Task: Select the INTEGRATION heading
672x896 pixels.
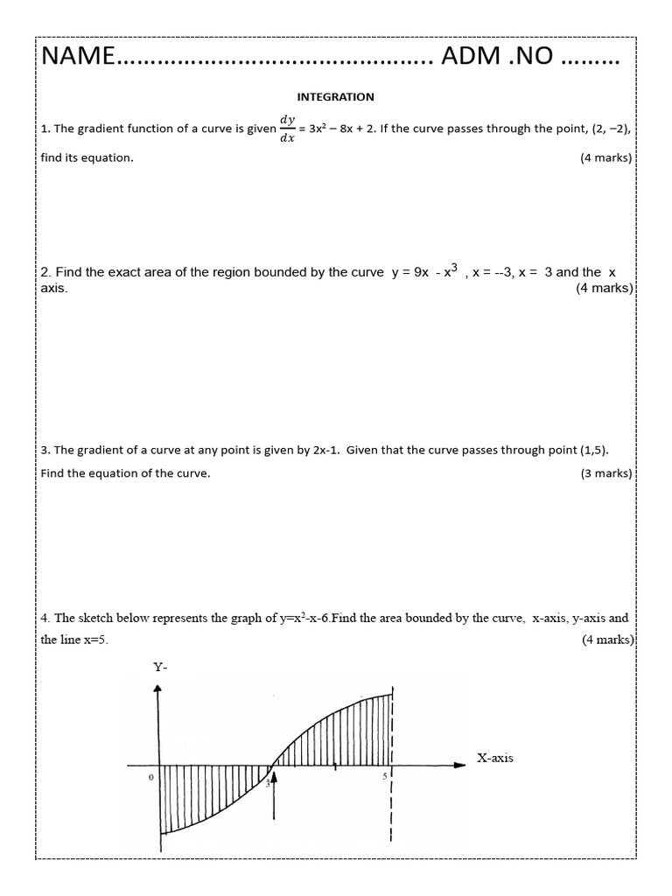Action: point(335,97)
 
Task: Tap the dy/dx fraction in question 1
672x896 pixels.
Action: point(287,129)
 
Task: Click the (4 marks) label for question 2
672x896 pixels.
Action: point(604,288)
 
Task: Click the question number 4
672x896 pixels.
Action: point(45,619)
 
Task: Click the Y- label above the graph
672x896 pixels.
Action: point(160,667)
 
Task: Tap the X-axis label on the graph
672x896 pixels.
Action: point(495,758)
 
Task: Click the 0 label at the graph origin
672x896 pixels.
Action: point(150,776)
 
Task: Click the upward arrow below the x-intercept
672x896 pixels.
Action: point(276,792)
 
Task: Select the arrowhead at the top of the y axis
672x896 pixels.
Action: point(157,689)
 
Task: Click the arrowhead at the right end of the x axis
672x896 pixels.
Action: point(460,765)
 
